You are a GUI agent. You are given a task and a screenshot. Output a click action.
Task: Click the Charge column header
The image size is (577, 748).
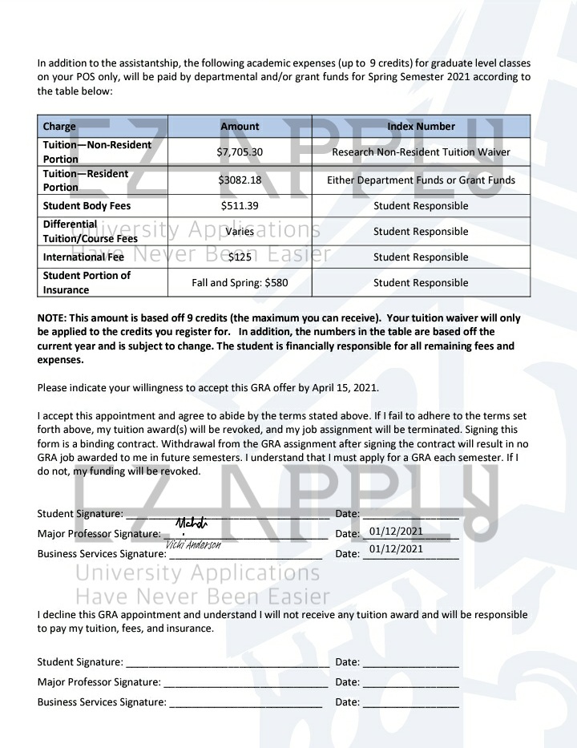pos(59,126)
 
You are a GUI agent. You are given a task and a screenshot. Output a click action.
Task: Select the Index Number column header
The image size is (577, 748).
pos(421,126)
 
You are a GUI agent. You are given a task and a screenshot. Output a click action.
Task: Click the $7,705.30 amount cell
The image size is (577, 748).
pos(240,152)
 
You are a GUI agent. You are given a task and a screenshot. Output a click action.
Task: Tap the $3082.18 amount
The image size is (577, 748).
pos(240,180)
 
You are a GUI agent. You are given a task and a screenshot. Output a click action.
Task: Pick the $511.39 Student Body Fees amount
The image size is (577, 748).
pos(240,206)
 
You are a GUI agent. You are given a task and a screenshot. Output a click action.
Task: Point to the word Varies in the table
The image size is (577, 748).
pos(240,232)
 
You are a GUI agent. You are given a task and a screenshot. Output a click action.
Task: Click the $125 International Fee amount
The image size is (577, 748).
pos(240,257)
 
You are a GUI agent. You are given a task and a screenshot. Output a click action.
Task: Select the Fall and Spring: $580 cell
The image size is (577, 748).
pos(240,283)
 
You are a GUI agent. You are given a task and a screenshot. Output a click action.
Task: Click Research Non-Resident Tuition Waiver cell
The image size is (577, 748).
pos(421,152)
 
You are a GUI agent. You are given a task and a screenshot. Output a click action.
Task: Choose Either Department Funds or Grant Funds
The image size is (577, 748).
pos(421,180)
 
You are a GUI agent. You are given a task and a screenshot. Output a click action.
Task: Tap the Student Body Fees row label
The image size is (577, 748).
pos(87,206)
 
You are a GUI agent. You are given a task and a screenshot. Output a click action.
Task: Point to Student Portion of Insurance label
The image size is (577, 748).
pos(87,282)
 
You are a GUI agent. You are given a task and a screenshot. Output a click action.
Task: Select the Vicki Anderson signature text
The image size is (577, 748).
pos(193,544)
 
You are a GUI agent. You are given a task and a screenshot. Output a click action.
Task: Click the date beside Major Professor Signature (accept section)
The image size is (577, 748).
pos(396,532)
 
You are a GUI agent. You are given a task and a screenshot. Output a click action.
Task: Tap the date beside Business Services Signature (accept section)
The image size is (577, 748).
pos(396,549)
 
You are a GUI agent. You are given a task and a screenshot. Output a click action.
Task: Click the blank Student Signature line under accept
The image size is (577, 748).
pos(228,513)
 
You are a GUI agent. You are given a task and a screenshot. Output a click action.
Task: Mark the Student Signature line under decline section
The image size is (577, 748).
pos(228,662)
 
